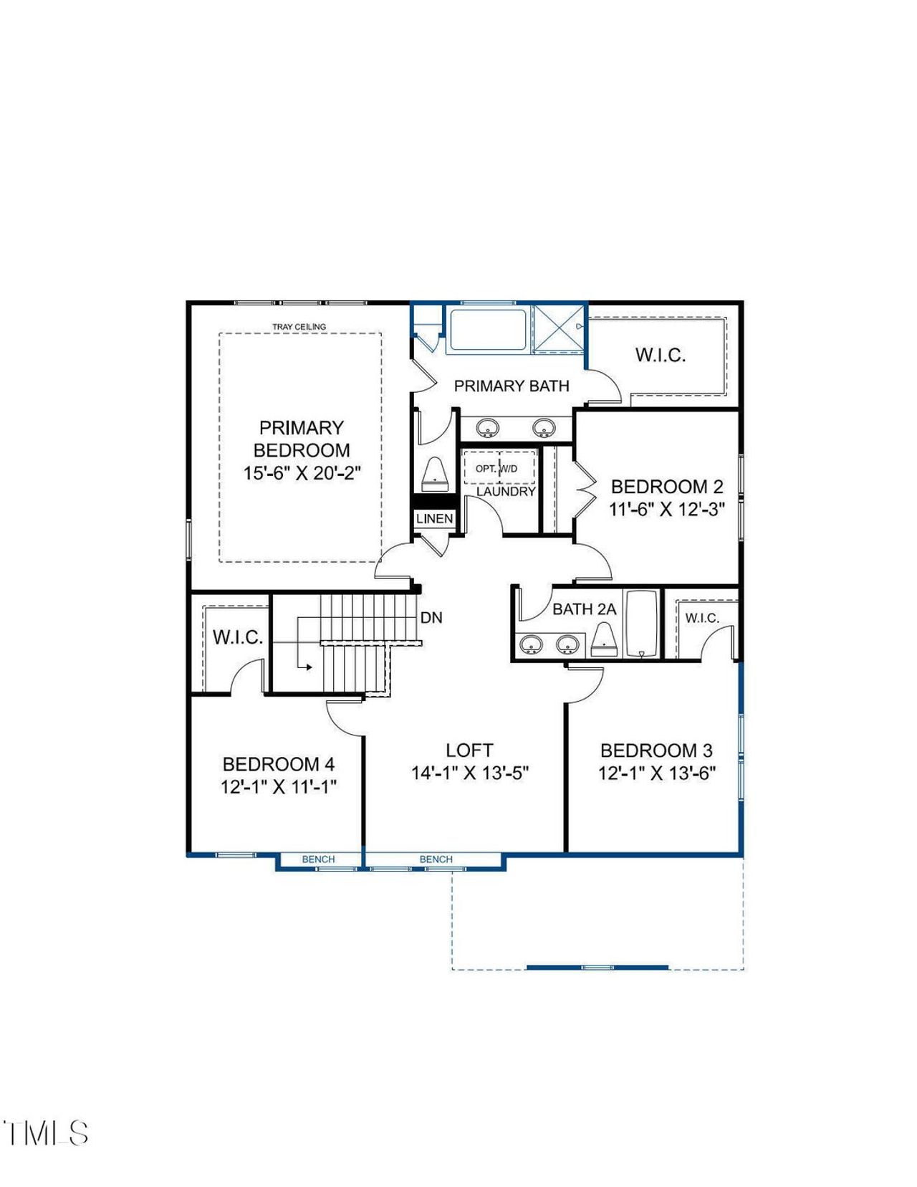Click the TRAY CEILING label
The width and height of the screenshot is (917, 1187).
(299, 327)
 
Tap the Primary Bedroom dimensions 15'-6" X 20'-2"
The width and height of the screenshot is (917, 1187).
(302, 473)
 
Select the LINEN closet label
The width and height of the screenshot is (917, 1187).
(434, 518)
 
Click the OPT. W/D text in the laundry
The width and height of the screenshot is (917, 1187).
(496, 468)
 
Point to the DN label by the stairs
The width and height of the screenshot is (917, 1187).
(431, 617)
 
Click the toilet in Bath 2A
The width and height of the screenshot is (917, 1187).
(604, 640)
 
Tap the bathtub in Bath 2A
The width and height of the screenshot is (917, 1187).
(641, 624)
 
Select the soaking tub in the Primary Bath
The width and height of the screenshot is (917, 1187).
(487, 329)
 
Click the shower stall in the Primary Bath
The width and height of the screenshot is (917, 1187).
(559, 328)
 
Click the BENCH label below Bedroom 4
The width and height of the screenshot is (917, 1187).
(318, 859)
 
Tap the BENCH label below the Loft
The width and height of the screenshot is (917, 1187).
(436, 859)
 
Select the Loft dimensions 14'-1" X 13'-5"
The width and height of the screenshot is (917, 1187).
(469, 773)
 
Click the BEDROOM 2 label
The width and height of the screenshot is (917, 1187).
(667, 487)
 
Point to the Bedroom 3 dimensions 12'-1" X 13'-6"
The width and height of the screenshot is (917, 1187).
(657, 773)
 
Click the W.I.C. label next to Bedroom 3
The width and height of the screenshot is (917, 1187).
(701, 618)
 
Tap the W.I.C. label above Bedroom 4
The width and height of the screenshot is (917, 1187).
(237, 637)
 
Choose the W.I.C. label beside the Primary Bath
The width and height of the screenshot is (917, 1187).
(660, 355)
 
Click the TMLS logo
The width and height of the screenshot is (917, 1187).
(46, 1133)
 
